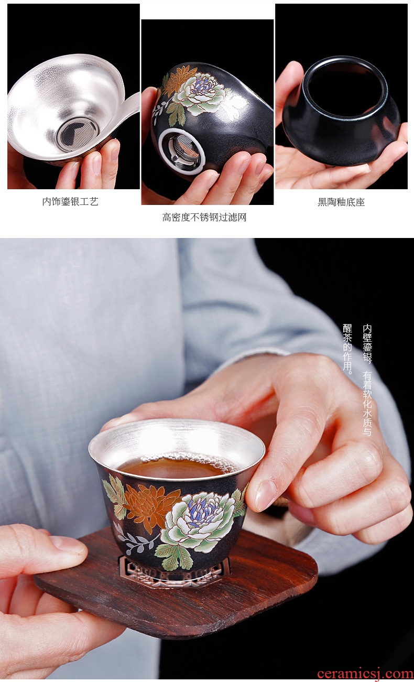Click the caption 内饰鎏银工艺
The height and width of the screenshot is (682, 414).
point(70,201)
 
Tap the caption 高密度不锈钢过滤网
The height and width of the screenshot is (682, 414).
point(204,218)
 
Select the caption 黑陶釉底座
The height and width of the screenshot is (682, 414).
point(341,202)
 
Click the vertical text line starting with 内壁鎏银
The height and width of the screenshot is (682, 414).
point(367,380)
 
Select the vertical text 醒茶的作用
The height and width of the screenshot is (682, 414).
point(347,349)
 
